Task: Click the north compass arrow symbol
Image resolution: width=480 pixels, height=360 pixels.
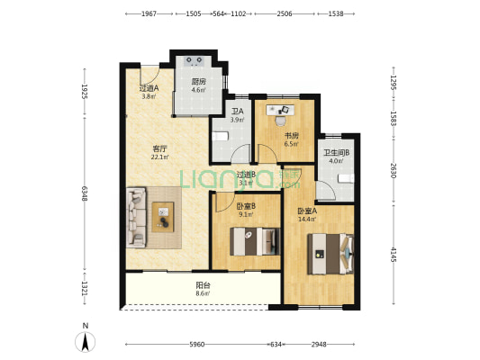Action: click(x=85, y=341)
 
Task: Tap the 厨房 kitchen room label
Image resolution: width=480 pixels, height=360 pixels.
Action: click(x=198, y=82)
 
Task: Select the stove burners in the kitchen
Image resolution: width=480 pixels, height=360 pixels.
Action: click(x=195, y=60)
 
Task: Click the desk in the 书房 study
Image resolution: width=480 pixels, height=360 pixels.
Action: click(x=280, y=110)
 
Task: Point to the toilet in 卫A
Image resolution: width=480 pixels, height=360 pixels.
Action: click(x=221, y=136)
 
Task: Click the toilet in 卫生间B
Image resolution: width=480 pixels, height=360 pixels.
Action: click(x=346, y=178)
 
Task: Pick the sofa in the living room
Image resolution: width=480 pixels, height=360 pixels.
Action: click(x=136, y=218)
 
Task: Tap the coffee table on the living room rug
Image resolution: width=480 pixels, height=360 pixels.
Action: click(x=163, y=217)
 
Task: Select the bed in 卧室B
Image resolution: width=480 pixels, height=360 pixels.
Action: click(x=255, y=241)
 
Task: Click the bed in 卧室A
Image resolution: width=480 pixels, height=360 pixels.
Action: click(x=331, y=254)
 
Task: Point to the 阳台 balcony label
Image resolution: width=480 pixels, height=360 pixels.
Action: click(x=203, y=285)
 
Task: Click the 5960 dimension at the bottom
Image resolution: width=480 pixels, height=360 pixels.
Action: click(x=197, y=345)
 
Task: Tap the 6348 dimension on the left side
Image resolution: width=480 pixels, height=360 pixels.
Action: click(x=85, y=194)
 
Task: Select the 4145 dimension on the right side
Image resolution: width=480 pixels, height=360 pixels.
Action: click(x=394, y=255)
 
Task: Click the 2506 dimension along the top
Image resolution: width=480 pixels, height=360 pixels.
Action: click(x=285, y=13)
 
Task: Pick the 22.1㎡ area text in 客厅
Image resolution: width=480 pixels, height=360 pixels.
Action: click(x=159, y=157)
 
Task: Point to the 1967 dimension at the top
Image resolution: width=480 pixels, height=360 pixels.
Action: click(x=149, y=13)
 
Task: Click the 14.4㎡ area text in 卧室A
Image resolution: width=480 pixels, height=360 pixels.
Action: click(x=307, y=219)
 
